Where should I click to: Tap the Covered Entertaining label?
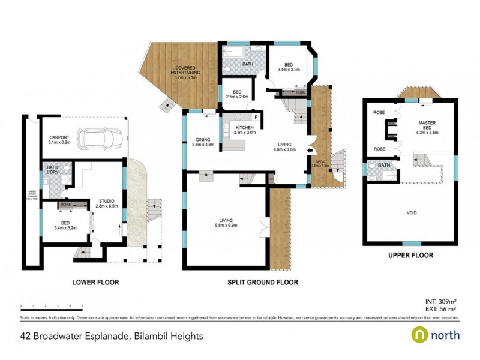pos(187,72)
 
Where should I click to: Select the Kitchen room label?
pos(245,130)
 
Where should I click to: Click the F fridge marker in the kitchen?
pos(256,117)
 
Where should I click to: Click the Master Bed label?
pos(428,125)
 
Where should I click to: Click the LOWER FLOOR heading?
pos(95,282)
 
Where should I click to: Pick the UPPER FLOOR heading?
pos(410,255)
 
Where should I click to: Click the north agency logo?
pos(436,335)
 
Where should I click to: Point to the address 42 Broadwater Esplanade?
pos(112,336)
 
